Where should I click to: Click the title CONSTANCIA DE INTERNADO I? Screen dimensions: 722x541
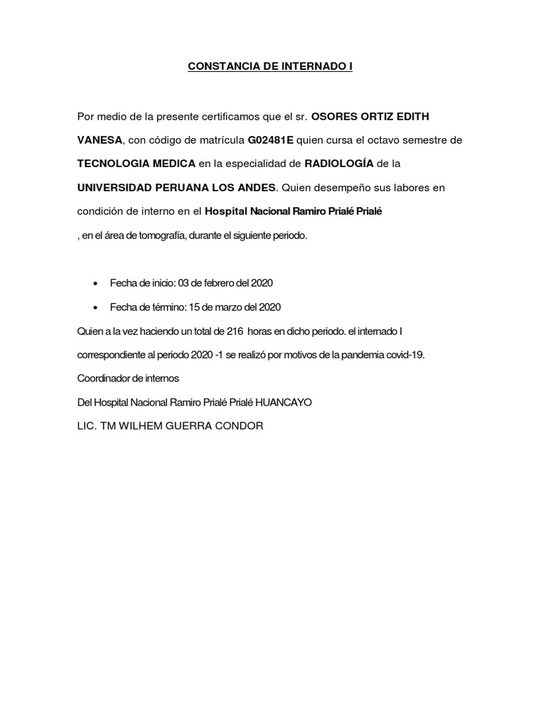pyautogui.click(x=270, y=67)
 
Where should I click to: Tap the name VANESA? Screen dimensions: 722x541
pyautogui.click(x=99, y=140)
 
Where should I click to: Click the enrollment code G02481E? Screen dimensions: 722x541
pyautogui.click(x=270, y=140)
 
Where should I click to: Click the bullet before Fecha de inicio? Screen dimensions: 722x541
pyautogui.click(x=95, y=283)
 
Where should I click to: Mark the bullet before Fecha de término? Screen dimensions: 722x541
pyautogui.click(x=95, y=307)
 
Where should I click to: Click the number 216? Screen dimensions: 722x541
pyautogui.click(x=236, y=331)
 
